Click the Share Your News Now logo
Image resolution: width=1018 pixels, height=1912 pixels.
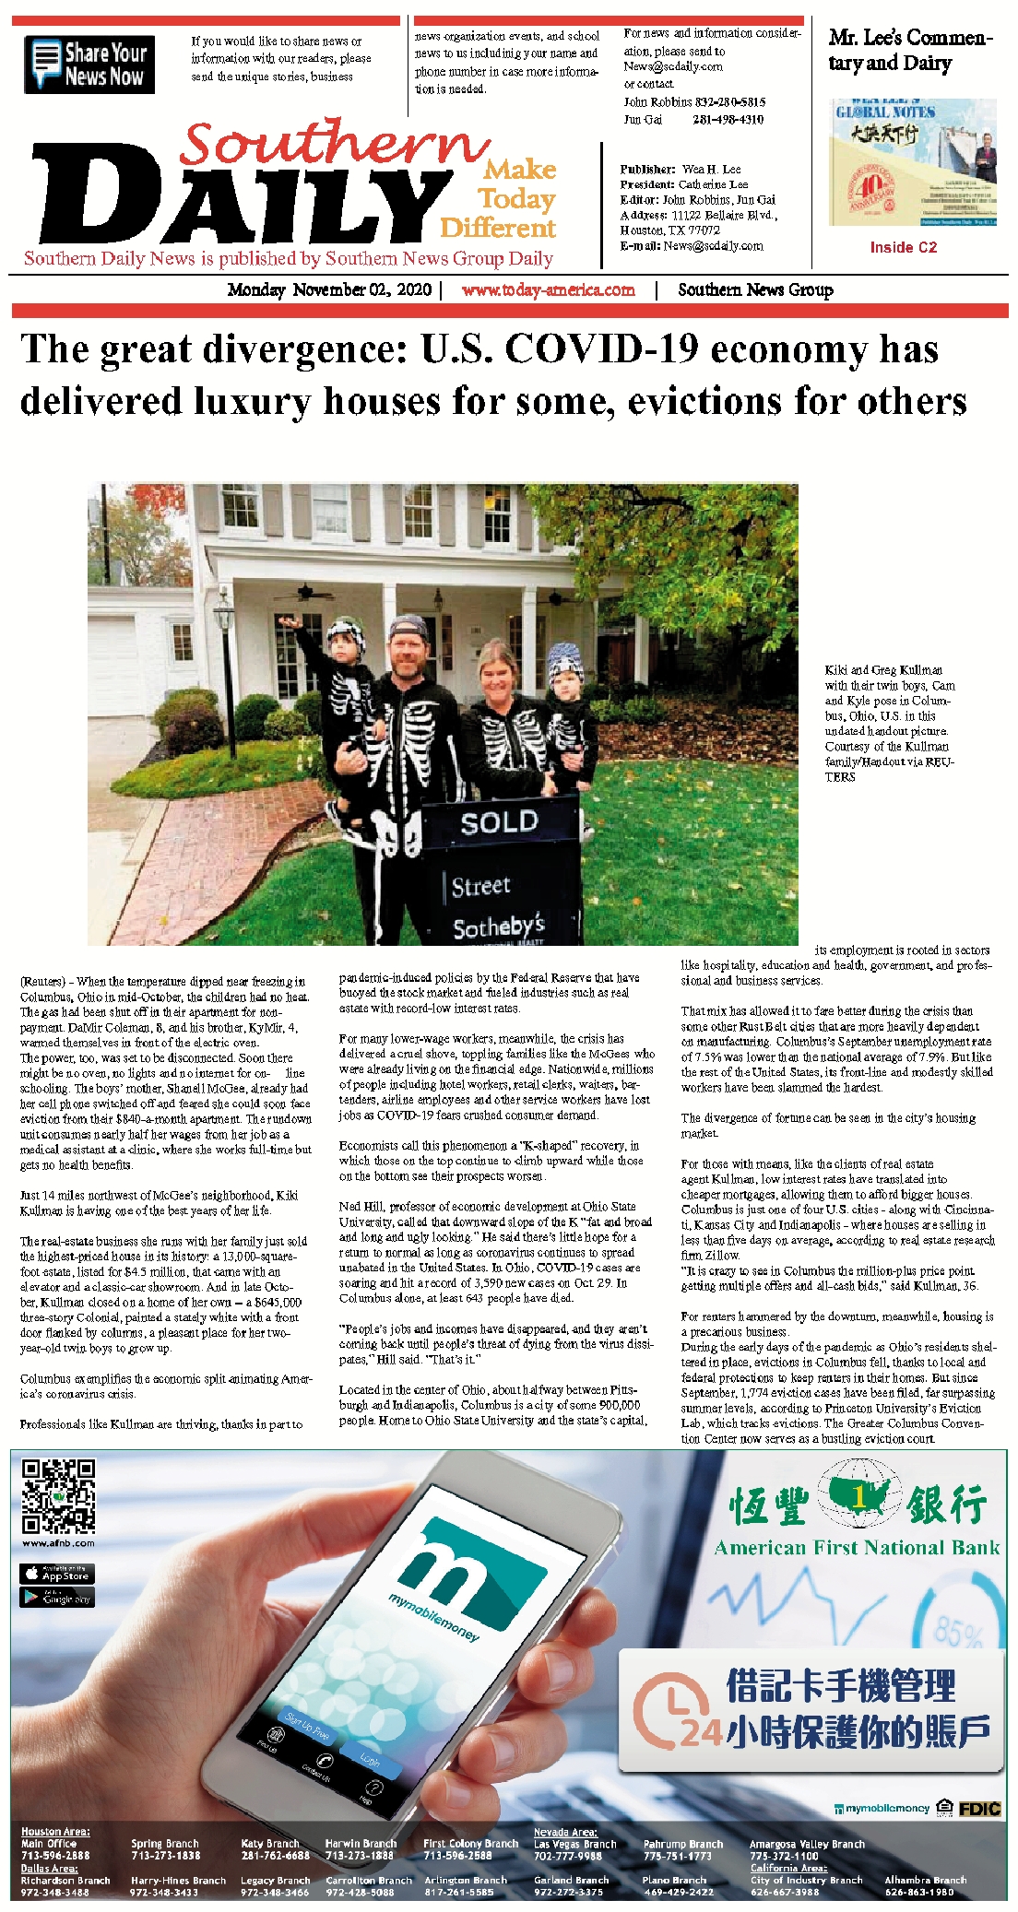[x=89, y=65]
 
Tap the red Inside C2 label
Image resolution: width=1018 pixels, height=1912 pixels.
[x=903, y=247]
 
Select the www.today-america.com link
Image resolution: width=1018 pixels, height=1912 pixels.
[x=548, y=289]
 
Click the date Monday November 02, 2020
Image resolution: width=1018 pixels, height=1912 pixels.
[x=329, y=289]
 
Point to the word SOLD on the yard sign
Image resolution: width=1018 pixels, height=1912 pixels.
[x=499, y=822]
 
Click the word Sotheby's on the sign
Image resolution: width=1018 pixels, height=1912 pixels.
[x=499, y=926]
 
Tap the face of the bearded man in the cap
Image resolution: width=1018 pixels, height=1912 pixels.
[x=408, y=652]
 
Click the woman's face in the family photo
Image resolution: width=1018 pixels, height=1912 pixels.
[x=498, y=675]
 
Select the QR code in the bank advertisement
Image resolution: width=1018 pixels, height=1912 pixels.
[x=58, y=1495]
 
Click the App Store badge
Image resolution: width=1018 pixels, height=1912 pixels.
[x=57, y=1574]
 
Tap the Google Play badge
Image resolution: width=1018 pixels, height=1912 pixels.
[x=57, y=1598]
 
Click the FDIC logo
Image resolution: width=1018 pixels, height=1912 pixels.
[x=979, y=1809]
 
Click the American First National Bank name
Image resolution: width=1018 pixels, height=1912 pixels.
[x=857, y=1548]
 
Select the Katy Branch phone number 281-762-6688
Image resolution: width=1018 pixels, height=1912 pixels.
[x=275, y=1855]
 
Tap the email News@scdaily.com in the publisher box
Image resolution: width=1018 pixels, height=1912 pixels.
[x=713, y=246]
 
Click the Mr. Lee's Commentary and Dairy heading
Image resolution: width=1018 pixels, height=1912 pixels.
[x=909, y=50]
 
